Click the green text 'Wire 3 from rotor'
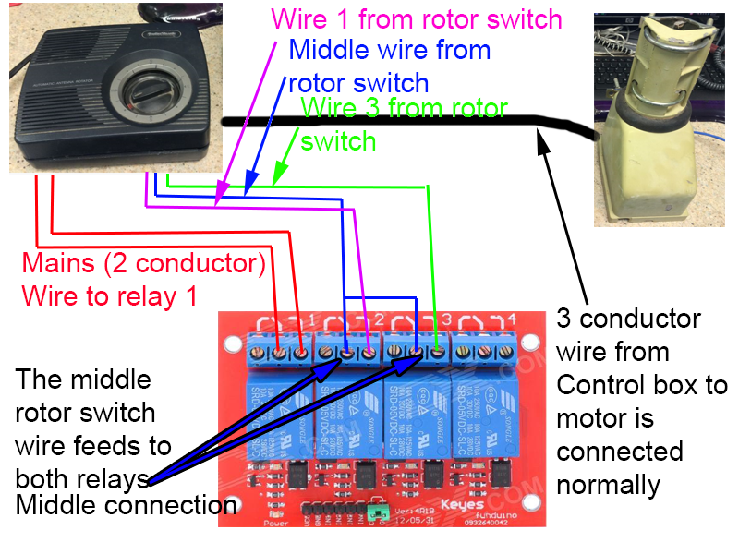405,109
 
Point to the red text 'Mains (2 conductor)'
144,264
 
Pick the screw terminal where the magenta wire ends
369,352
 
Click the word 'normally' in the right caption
608,484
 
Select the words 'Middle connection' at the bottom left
126,505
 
